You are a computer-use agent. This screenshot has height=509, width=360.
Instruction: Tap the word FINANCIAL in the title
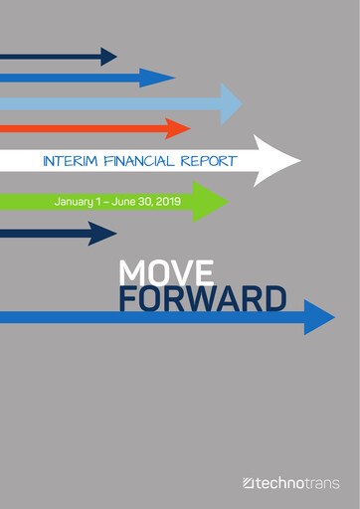tap(139, 160)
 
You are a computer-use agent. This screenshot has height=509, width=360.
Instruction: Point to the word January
tap(77, 202)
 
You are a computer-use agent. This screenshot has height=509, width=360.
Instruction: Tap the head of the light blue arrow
tap(230, 102)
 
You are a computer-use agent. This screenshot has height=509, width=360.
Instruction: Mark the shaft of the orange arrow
tap(80, 128)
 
